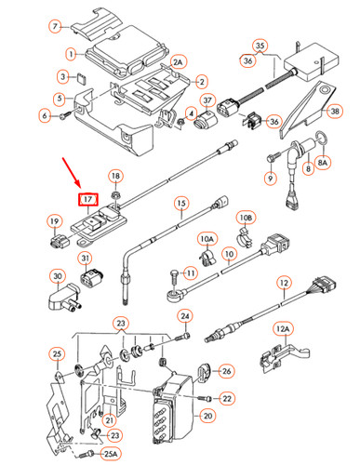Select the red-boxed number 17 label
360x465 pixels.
coord(87,199)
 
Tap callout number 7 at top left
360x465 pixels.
coord(55,25)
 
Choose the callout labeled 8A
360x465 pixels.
coord(324,163)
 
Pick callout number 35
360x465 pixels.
coord(260,45)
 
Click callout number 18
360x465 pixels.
coord(115,176)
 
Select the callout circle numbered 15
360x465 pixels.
coord(180,203)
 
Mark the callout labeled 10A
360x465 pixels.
coord(206,239)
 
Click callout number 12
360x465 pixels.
coord(284,281)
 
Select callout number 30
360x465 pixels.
coord(57,276)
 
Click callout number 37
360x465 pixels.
coord(208,100)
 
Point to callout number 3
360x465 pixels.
coord(62,76)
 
